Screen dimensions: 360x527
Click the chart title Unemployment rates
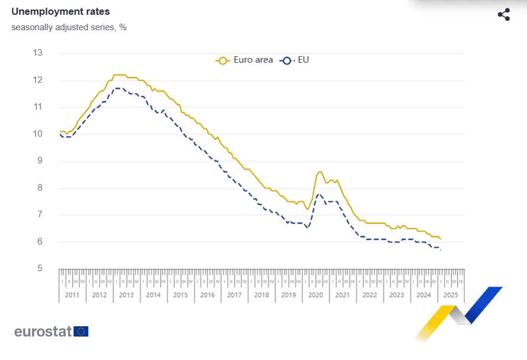(60, 12)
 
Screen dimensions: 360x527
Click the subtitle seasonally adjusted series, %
(69, 27)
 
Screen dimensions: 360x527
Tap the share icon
(503, 15)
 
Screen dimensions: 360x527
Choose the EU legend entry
(298, 60)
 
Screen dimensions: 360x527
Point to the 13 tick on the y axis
(38, 53)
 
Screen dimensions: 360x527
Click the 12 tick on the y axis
(38, 80)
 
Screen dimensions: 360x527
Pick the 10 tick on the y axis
(38, 134)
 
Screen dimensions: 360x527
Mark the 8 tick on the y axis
(38, 188)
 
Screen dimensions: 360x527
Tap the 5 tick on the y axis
(38, 269)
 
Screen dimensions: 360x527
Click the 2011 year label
(72, 295)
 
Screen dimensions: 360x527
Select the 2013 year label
(126, 295)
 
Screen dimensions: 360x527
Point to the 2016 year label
(207, 295)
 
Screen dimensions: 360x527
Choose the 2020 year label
(315, 295)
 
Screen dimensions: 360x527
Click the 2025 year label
(451, 295)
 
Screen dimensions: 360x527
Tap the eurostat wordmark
(43, 331)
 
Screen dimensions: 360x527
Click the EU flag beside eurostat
(81, 331)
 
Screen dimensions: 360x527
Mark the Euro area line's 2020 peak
(320, 172)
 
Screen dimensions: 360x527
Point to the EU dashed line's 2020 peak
(319, 194)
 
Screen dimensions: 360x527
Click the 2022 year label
(370, 295)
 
